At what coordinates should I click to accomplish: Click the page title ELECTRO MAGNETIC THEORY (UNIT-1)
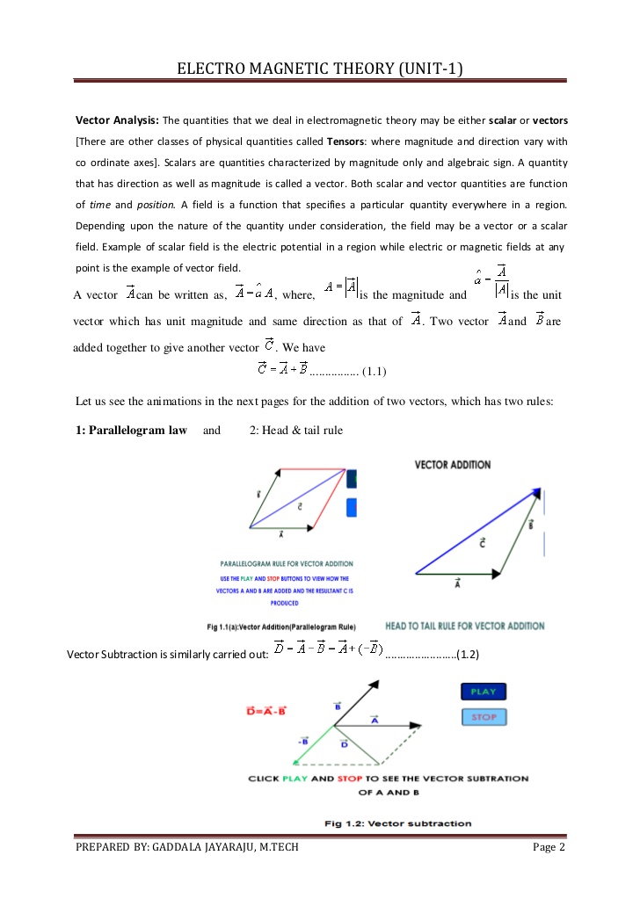pos(320,69)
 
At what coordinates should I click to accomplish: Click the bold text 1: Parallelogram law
pos(131,431)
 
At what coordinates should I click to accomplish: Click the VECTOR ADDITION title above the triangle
pos(452,465)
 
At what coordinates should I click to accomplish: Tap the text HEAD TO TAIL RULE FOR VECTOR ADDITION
pos(464,626)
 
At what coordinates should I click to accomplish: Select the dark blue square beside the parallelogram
pos(352,479)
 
